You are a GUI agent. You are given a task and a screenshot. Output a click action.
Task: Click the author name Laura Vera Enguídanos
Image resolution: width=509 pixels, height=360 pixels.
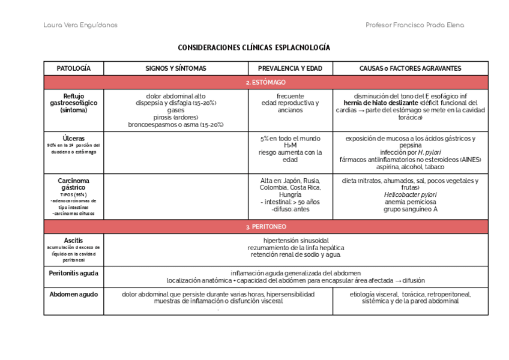pyautogui.click(x=80, y=25)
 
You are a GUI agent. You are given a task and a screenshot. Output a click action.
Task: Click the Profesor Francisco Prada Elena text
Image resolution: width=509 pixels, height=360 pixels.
pyautogui.click(x=415, y=25)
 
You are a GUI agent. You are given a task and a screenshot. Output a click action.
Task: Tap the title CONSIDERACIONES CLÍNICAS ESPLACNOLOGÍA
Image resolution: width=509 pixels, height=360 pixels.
pyautogui.click(x=254, y=47)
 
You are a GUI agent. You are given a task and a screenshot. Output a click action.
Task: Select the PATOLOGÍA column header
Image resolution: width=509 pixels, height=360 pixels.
pyautogui.click(x=73, y=68)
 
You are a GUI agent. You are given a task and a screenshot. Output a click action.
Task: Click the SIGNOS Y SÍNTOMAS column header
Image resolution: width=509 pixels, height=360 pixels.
pyautogui.click(x=176, y=68)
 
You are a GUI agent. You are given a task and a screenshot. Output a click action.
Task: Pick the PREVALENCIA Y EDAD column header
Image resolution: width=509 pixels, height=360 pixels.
pyautogui.click(x=290, y=68)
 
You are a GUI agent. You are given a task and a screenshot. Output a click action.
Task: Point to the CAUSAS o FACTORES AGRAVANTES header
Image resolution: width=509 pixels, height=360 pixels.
pyautogui.click(x=410, y=68)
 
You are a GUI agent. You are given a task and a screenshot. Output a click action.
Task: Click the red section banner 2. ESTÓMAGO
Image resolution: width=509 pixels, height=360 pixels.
pyautogui.click(x=265, y=82)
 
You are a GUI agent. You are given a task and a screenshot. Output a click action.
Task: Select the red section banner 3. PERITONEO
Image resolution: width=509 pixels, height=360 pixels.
pyautogui.click(x=265, y=227)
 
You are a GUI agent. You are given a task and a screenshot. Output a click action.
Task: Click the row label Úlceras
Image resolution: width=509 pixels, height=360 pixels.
pyautogui.click(x=73, y=139)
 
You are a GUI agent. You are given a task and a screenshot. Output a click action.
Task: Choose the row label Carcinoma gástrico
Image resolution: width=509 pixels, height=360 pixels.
pyautogui.click(x=73, y=184)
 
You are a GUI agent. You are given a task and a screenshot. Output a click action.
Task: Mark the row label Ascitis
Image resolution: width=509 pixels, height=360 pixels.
pyautogui.click(x=73, y=241)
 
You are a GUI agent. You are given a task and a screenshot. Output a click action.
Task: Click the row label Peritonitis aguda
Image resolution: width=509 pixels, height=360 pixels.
pyautogui.click(x=73, y=273)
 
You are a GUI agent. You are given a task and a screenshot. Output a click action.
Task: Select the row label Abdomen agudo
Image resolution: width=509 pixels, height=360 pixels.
pyautogui.click(x=73, y=295)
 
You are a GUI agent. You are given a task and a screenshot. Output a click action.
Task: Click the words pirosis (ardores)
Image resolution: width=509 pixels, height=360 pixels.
pyautogui.click(x=175, y=118)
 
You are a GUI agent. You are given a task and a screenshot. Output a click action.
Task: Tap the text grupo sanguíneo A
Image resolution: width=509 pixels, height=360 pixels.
pyautogui.click(x=410, y=209)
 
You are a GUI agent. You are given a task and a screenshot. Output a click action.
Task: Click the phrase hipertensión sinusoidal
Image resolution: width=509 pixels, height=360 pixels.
pyautogui.click(x=295, y=241)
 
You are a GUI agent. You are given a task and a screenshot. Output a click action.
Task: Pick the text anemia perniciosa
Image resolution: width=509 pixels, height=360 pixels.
pyautogui.click(x=410, y=202)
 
